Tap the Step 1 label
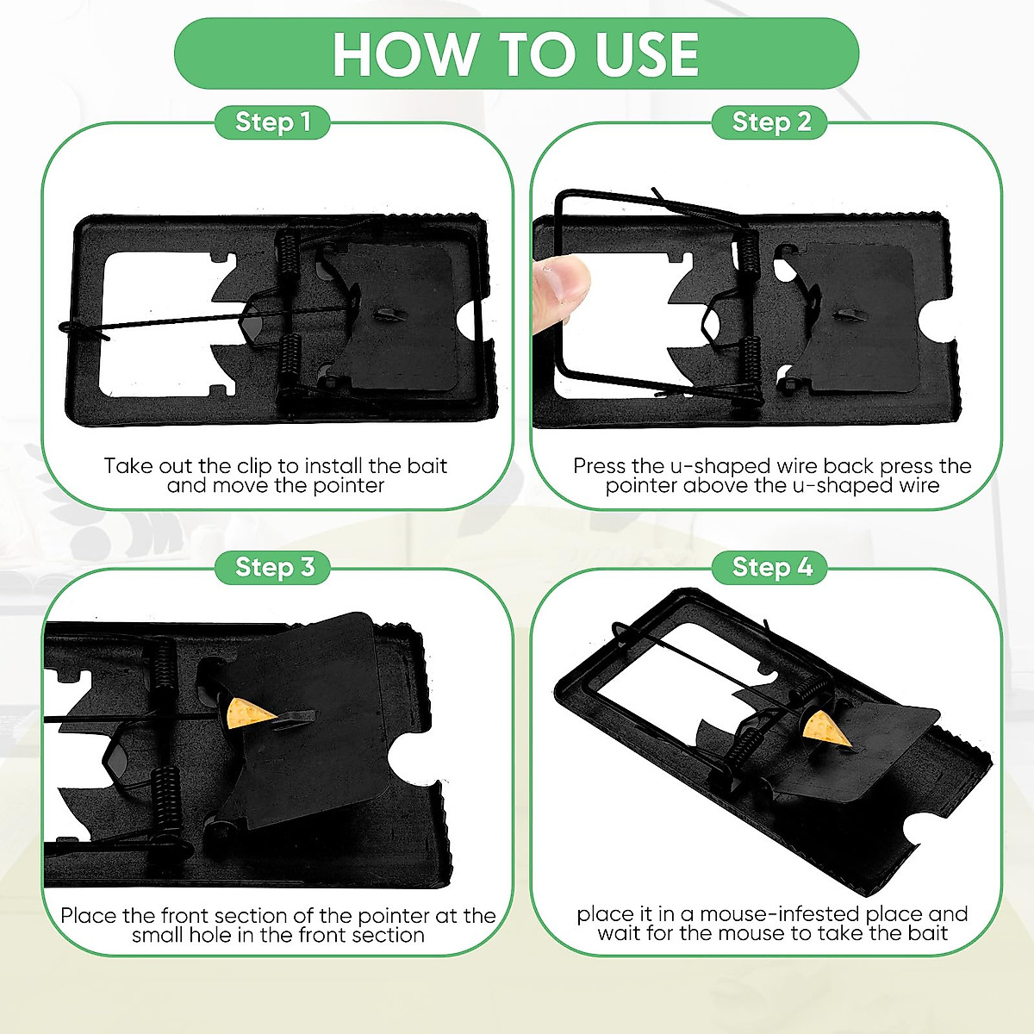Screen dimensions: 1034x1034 point(272,122)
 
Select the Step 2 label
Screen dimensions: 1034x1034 point(771,122)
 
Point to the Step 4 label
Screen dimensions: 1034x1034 point(771,568)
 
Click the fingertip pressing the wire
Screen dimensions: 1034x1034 point(560,289)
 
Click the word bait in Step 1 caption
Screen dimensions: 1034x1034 point(427,466)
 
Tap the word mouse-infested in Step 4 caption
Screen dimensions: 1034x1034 point(779,913)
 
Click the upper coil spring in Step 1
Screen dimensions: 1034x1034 point(288,257)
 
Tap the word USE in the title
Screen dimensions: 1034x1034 point(646,53)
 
